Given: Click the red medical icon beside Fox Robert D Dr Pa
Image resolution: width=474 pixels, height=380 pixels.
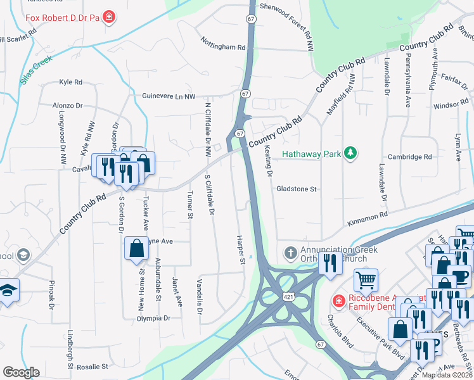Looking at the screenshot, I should pyautogui.click(x=110, y=16).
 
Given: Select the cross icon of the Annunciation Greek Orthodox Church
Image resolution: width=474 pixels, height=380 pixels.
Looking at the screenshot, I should pyautogui.click(x=291, y=253).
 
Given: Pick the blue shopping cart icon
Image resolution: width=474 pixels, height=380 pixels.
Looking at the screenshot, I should pyautogui.click(x=366, y=279).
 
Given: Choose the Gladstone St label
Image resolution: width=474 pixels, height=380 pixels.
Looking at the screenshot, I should pyautogui.click(x=296, y=189).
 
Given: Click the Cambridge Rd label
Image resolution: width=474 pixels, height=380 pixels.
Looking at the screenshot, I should pyautogui.click(x=410, y=157).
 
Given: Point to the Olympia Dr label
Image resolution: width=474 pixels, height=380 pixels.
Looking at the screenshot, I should pyautogui.click(x=155, y=319).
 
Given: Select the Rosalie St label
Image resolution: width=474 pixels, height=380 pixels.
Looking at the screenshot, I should pyautogui.click(x=97, y=367).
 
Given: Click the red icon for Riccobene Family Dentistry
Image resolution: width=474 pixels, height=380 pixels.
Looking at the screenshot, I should pyautogui.click(x=340, y=300).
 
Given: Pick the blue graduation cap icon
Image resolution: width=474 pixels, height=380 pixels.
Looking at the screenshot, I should pyautogui.click(x=8, y=290).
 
